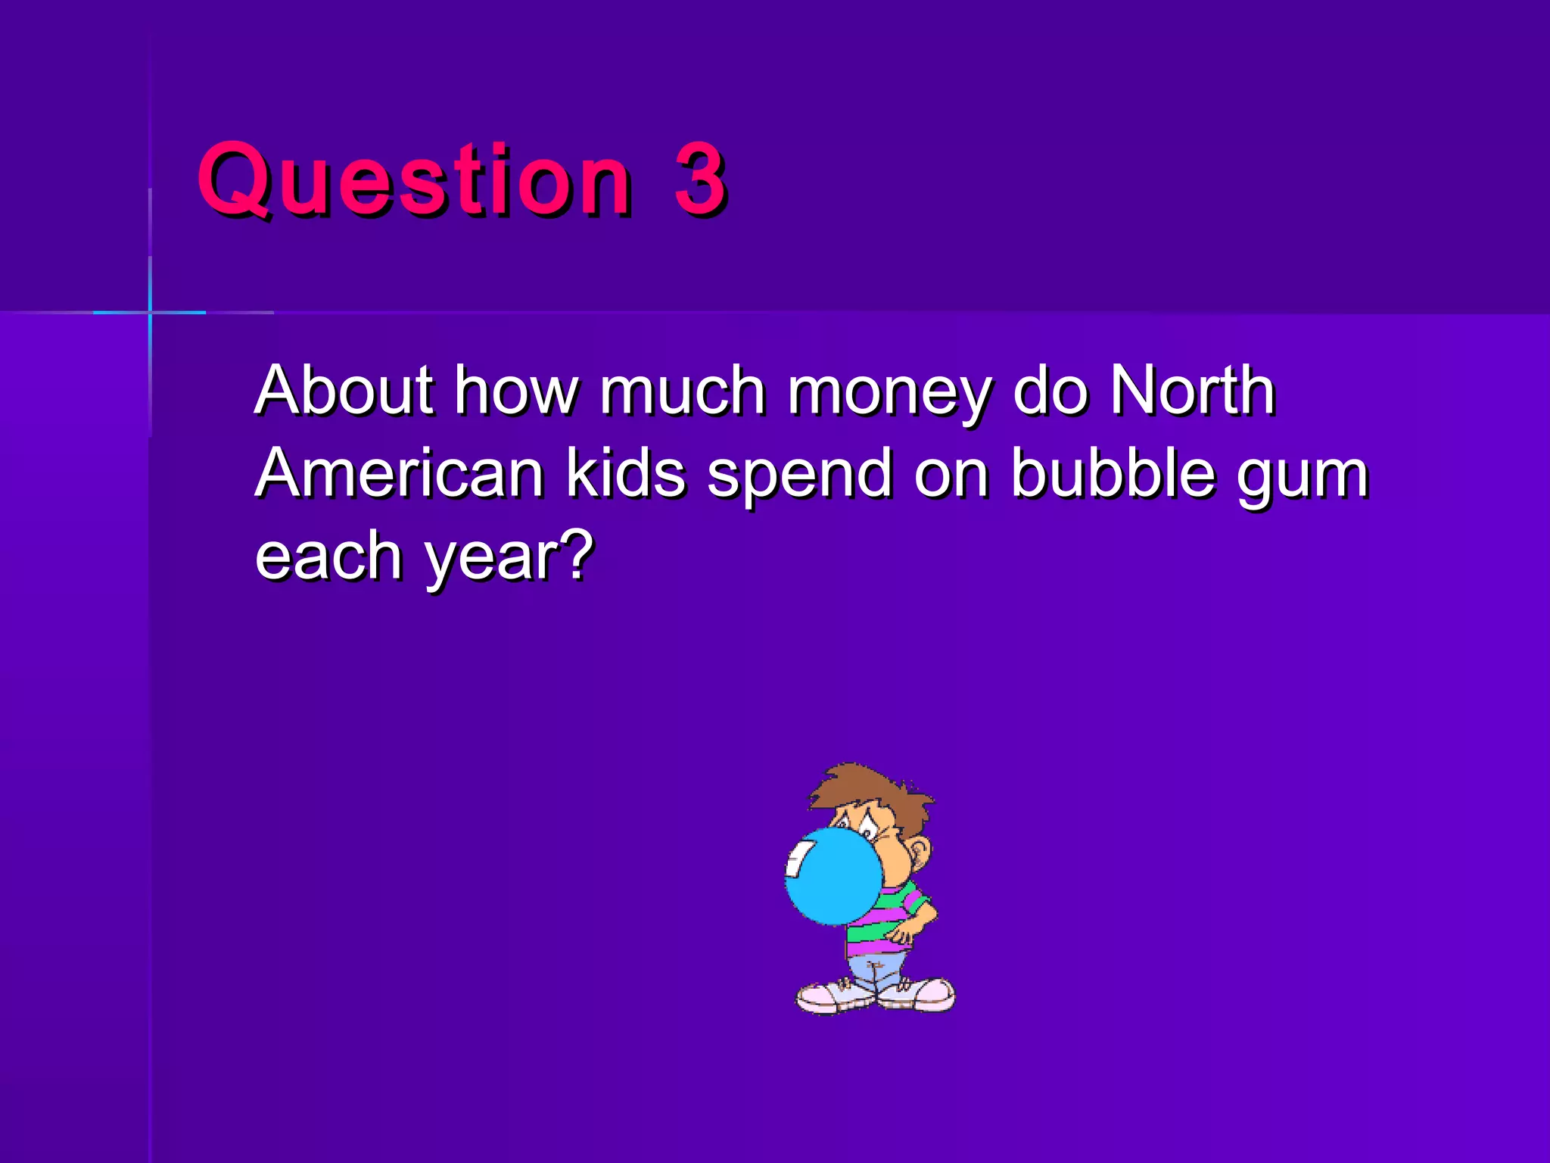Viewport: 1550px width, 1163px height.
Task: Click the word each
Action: pos(328,556)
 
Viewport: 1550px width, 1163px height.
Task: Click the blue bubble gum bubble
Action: pos(833,875)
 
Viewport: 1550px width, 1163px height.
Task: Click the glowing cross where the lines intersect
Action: pos(150,312)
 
